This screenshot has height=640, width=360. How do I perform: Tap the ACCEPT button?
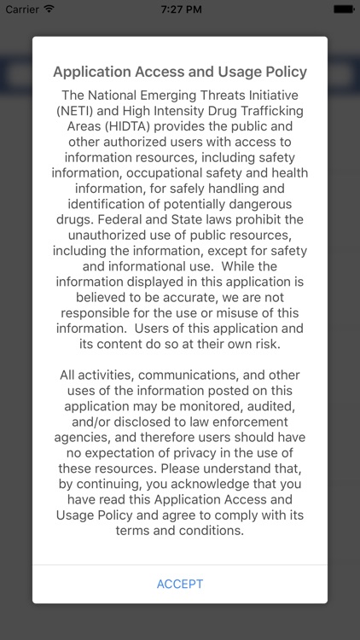180,584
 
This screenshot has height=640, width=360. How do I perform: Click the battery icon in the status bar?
344,9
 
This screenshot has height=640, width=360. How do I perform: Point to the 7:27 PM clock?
180,9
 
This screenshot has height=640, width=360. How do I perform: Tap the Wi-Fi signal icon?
49,9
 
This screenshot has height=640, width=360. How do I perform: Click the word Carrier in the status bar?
22,9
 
